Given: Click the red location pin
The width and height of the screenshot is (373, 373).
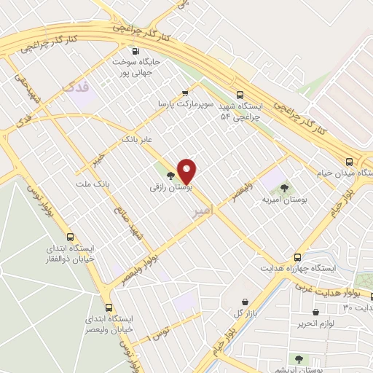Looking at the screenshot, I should [187, 170].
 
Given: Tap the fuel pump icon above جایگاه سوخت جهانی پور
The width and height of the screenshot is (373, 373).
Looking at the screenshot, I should [136, 50].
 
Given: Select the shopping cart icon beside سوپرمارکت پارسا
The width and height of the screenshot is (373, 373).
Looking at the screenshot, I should [185, 93].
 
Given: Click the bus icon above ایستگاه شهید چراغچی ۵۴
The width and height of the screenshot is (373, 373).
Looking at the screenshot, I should [240, 94].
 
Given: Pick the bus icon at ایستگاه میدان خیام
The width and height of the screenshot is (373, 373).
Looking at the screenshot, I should [350, 162].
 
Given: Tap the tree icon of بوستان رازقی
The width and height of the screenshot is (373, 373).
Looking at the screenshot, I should [170, 176].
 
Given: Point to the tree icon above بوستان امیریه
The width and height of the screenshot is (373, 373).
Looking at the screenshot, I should [294, 188].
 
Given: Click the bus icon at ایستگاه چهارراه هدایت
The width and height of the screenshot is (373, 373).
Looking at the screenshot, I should [297, 257].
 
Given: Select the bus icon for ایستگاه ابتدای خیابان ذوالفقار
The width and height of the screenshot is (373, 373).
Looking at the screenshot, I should [71, 237].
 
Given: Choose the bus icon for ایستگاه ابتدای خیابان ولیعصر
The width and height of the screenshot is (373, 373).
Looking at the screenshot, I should [109, 307].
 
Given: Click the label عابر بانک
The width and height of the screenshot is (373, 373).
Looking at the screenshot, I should [138, 137].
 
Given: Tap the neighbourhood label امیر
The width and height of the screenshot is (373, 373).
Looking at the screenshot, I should [205, 212].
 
